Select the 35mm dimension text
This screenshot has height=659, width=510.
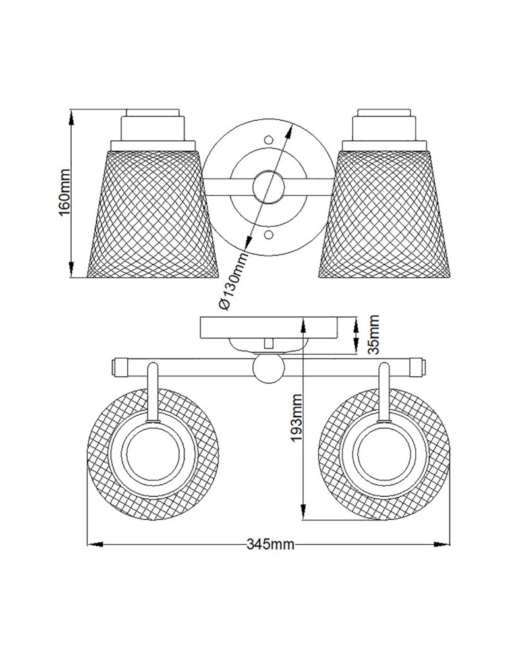tap(373, 335)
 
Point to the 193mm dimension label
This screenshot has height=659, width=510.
tap(297, 418)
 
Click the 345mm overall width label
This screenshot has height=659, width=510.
tap(270, 544)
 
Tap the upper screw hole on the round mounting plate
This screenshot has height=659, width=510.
tap(268, 140)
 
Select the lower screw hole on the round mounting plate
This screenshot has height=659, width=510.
tap(268, 235)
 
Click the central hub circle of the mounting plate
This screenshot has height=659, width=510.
tap(268, 187)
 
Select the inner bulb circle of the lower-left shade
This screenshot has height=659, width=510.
tap(154, 455)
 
